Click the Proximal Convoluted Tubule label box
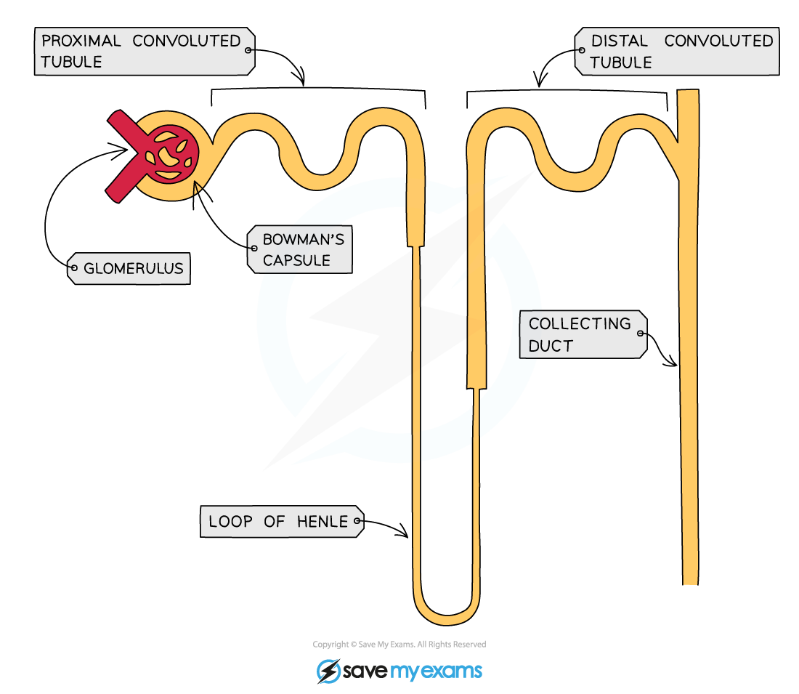pyautogui.click(x=145, y=52)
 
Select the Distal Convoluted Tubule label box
pyautogui.click(x=677, y=52)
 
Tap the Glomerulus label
pyautogui.click(x=129, y=268)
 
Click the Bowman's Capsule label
pyautogui.click(x=299, y=249)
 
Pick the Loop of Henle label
pyautogui.click(x=283, y=521)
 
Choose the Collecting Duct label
pyautogui.click(x=583, y=334)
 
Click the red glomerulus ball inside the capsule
pyautogui.click(x=170, y=153)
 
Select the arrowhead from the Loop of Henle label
pyautogui.click(x=403, y=530)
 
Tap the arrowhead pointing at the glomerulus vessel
pyautogui.click(x=121, y=149)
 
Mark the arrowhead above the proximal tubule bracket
pyautogui.click(x=300, y=77)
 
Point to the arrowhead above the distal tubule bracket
pyautogui.click(x=540, y=80)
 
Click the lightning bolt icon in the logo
pyautogui.click(x=328, y=671)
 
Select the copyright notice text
pyautogui.click(x=399, y=645)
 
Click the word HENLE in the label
pyautogui.click(x=323, y=522)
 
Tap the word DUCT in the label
pyautogui.click(x=551, y=346)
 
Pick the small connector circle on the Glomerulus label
pyautogui.click(x=74, y=267)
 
